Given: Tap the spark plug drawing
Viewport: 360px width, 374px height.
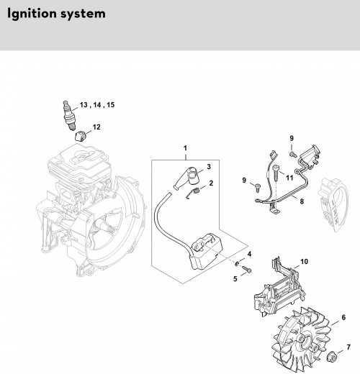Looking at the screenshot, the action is [68, 116].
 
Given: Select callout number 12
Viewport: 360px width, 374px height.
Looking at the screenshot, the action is [96, 127].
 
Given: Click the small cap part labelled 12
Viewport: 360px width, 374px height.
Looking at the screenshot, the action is [81, 136].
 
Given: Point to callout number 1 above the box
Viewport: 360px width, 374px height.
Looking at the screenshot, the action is [185, 148].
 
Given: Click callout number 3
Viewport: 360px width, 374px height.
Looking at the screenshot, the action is [209, 167].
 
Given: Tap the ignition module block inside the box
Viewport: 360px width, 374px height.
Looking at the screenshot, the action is [207, 252].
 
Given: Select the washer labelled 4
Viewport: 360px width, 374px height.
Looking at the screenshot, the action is [237, 264].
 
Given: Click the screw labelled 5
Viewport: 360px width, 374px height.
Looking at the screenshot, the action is [247, 269].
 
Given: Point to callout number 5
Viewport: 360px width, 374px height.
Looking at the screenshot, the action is [235, 279].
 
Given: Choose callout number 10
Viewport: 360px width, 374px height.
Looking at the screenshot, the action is [304, 262].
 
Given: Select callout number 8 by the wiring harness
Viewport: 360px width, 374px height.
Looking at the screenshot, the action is [302, 201].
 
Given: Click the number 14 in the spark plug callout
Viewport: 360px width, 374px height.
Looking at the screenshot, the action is [97, 105].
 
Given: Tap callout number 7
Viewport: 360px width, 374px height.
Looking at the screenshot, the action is [348, 347].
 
